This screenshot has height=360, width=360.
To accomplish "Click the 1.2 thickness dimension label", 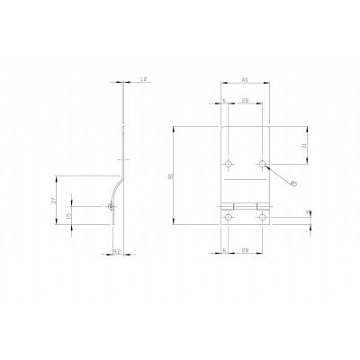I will pyautogui.click(x=145, y=80).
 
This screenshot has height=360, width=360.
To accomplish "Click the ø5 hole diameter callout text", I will pyautogui.click(x=294, y=184).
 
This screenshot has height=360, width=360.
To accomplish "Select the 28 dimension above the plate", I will pyautogui.click(x=246, y=102).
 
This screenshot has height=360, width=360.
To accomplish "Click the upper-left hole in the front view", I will pyautogui.click(x=229, y=164).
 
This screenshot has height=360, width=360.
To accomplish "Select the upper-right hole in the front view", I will pyautogui.click(x=263, y=164).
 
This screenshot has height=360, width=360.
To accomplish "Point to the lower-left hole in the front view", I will pyautogui.click(x=229, y=213).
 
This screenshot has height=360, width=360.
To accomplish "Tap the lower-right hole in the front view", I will pyautogui.click(x=263, y=213).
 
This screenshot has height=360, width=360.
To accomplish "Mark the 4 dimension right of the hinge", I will pyautogui.click(x=308, y=213).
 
